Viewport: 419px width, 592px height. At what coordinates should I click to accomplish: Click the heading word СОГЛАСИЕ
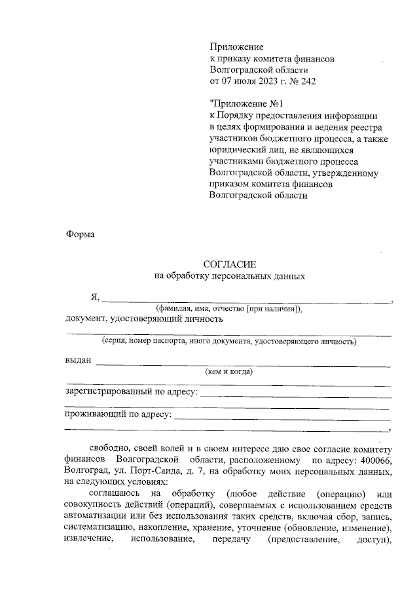tap(229, 264)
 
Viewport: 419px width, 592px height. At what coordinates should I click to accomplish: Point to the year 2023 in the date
tap(271, 82)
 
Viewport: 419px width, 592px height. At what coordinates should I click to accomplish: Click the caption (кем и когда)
tap(229, 372)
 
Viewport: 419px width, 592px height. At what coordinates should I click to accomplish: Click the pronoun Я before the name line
tap(94, 297)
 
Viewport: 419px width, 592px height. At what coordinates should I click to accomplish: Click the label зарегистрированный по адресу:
tap(130, 392)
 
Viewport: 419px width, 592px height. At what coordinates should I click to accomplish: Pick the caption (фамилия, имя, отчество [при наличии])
tap(228, 308)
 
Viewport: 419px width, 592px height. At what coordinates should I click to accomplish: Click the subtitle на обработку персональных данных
tap(229, 276)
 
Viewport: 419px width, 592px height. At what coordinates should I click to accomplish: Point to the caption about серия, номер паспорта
tap(228, 341)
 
